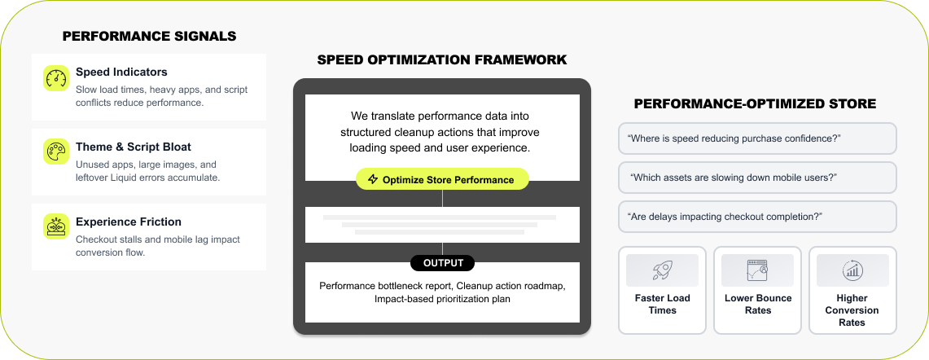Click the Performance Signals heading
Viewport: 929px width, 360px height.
pyautogui.click(x=149, y=36)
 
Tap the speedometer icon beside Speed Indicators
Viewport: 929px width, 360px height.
pyautogui.click(x=55, y=79)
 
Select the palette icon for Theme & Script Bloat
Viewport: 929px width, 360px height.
pyautogui.click(x=55, y=152)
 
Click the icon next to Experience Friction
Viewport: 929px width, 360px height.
pyautogui.click(x=55, y=226)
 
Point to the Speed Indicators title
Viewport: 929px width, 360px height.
pyautogui.click(x=121, y=72)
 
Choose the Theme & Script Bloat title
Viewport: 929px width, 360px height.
pyautogui.click(x=134, y=147)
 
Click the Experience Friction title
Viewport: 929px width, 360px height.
pyautogui.click(x=129, y=222)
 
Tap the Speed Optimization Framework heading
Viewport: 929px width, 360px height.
pyautogui.click(x=442, y=60)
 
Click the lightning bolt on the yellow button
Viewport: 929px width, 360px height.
pyautogui.click(x=373, y=179)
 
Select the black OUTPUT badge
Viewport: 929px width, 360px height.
pyautogui.click(x=442, y=263)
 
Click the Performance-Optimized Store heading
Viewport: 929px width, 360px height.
pyautogui.click(x=755, y=103)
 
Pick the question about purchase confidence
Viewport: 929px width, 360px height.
pyautogui.click(x=734, y=138)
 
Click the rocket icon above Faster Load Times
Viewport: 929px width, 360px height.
pyautogui.click(x=662, y=270)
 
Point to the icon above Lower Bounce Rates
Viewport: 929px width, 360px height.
pyautogui.click(x=757, y=270)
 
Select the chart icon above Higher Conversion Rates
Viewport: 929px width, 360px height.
pyautogui.click(x=852, y=270)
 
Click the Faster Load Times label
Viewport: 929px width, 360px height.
pyautogui.click(x=662, y=304)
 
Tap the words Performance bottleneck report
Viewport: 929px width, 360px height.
pyautogui.click(x=385, y=286)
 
